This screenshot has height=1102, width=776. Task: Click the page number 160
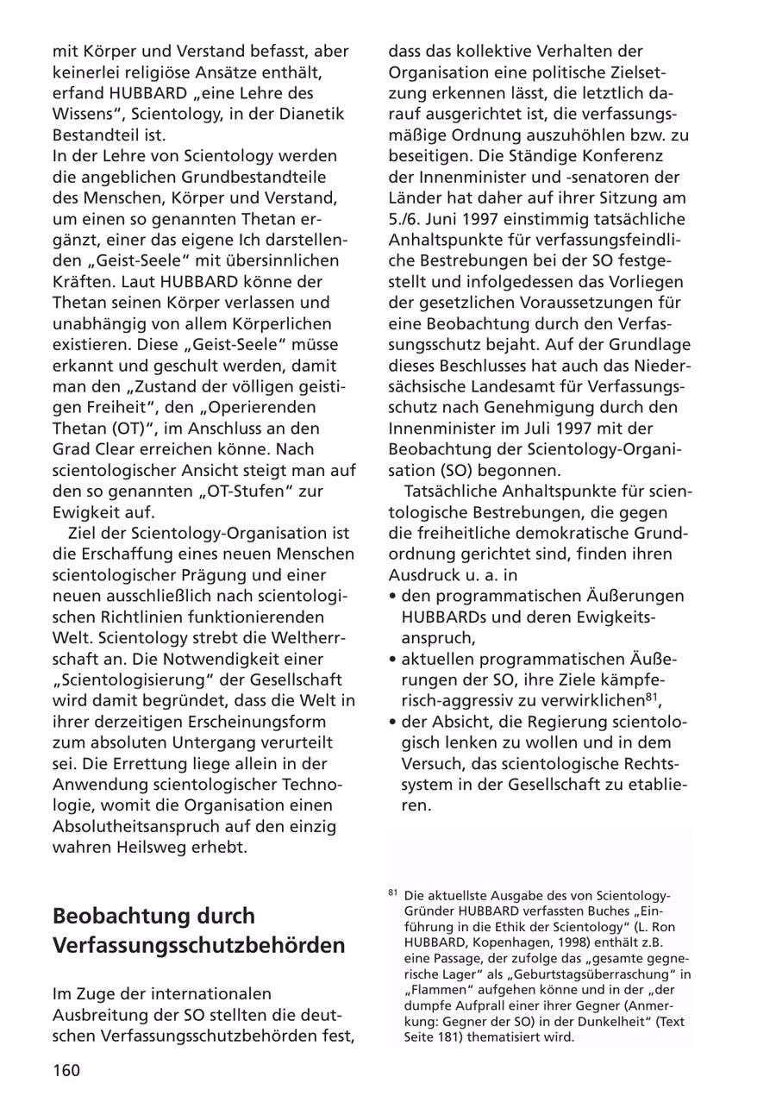pos(66,1071)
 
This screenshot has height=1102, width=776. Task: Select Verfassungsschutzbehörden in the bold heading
pos(198,945)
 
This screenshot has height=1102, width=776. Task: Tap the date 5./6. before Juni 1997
pos(408,218)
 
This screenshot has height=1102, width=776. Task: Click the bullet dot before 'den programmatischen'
pos(392,596)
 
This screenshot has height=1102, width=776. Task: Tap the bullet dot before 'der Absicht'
pos(392,722)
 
